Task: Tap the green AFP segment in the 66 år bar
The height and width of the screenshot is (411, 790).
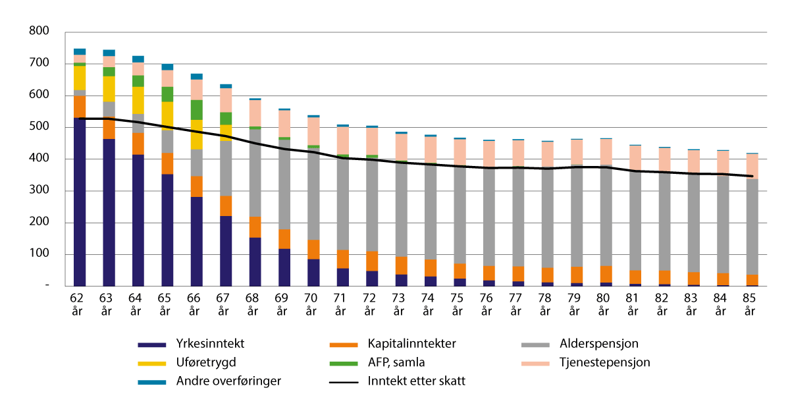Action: pyautogui.click(x=196, y=109)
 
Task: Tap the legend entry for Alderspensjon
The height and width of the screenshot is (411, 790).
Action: pyautogui.click(x=599, y=343)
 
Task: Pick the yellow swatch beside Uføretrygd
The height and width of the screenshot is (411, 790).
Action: pyautogui.click(x=152, y=362)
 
